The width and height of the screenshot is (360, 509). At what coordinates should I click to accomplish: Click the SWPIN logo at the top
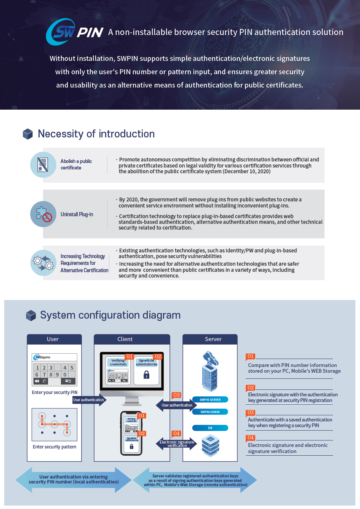coord(75,32)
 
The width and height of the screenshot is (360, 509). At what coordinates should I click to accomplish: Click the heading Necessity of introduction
coord(96,134)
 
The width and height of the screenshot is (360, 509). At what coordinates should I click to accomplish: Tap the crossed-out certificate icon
coord(43,165)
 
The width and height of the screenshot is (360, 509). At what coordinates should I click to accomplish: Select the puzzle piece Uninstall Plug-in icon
coord(43,214)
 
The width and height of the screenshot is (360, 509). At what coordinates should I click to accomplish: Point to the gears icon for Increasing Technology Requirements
coord(43,263)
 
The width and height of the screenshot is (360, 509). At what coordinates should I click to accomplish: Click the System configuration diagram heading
coord(110,315)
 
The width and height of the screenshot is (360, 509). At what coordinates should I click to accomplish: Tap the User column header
coord(53,339)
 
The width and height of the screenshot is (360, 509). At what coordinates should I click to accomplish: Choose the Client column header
coord(125,339)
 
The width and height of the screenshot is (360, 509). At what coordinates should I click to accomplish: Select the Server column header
coord(213,339)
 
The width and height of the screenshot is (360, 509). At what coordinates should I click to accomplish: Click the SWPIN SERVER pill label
coord(210,400)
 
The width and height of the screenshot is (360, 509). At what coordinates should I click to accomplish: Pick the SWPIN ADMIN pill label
coord(210,412)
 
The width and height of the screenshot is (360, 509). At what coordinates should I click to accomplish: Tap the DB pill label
coord(210,428)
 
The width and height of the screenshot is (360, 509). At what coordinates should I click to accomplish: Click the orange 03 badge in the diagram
coord(176,395)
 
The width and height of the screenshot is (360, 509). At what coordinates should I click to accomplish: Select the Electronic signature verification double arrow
coord(176,444)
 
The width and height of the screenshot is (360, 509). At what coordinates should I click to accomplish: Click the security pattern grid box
coord(54,424)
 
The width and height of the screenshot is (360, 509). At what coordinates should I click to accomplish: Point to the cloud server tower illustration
coord(210,371)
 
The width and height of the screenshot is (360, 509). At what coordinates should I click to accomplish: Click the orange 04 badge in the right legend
coord(250,438)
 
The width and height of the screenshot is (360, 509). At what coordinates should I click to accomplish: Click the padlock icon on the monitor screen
coord(146,375)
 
